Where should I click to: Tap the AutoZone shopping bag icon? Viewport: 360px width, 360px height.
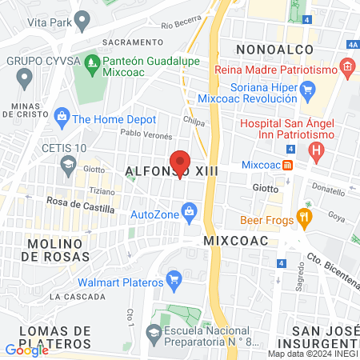(190, 212)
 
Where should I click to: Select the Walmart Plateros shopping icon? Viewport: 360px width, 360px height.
(174, 280)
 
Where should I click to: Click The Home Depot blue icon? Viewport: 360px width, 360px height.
(61, 118)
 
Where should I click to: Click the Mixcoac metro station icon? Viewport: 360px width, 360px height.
(286, 165)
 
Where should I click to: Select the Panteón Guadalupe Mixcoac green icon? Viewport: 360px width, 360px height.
(94, 62)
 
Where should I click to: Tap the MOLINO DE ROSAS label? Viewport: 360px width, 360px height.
(53, 249)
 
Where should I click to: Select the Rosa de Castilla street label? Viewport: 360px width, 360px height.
(80, 206)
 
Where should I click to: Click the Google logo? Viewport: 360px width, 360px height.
(26, 350)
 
